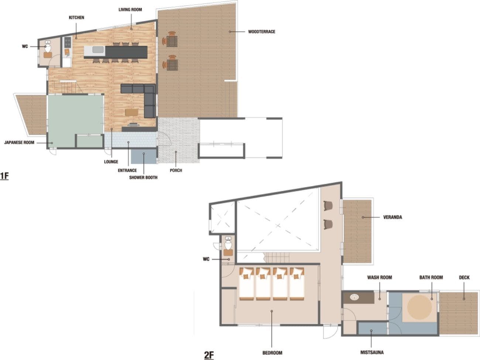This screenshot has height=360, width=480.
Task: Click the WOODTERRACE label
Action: [261, 32]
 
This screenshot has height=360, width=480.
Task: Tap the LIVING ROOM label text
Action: [130, 10]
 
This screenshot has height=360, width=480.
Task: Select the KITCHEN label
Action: [76, 17]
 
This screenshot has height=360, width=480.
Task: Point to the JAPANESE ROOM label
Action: [19, 143]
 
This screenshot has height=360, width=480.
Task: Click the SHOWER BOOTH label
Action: [143, 178]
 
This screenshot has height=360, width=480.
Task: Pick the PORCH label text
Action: [176, 170]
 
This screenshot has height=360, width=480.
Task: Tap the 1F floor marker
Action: [4, 176]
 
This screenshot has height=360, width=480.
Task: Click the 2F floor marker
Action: [209, 355]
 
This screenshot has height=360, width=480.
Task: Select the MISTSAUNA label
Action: [372, 352]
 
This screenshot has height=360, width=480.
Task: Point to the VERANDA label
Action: [392, 217]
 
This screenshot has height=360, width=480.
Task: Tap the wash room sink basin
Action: [354, 297]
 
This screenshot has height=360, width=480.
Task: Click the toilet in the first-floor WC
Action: [48, 47]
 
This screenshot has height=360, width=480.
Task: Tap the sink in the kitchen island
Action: [98, 49]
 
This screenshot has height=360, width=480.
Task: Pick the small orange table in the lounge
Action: [132, 112]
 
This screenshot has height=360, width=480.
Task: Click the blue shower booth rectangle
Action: [144, 156]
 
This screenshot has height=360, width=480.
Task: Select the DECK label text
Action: [464, 278]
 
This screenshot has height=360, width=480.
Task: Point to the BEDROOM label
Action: [272, 353]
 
